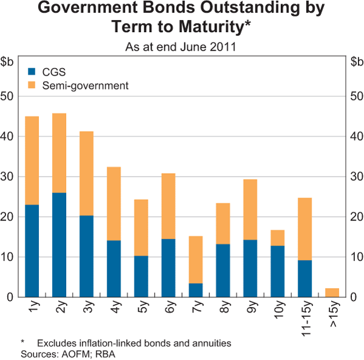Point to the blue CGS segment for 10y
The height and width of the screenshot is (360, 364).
point(277,271)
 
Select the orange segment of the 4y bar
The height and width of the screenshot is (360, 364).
point(113,203)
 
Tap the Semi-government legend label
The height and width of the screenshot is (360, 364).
point(86,86)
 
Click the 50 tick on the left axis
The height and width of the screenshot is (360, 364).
point(8,97)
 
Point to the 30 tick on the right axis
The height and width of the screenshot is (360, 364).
point(356,177)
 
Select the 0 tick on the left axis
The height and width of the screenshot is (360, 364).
point(11,297)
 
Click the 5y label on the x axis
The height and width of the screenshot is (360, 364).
point(141,308)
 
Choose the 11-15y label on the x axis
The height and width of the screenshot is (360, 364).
point(305,317)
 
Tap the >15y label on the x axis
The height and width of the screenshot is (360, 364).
point(332,313)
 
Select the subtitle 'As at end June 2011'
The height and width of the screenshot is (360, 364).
point(181,46)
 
